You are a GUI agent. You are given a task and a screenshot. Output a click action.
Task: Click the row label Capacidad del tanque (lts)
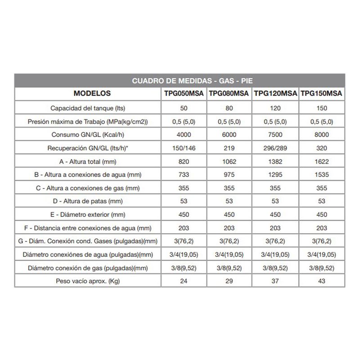coord(88,108)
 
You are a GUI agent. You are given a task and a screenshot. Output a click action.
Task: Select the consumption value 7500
coord(275,135)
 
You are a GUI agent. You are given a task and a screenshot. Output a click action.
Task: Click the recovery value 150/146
coord(184,148)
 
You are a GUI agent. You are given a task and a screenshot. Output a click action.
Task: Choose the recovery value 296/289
coord(275,148)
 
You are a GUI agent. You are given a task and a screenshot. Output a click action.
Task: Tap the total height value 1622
coord(322,162)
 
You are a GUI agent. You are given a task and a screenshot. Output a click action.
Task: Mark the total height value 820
coord(184,162)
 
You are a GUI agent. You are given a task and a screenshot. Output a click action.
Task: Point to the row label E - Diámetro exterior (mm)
coord(88,215)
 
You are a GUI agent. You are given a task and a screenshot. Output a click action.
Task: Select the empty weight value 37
coord(275,281)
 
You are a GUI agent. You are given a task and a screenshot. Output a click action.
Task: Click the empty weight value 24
coord(184,281)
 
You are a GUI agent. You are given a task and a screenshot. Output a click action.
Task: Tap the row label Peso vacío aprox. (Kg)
coord(88,281)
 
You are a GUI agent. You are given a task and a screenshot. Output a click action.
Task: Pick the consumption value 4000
coord(184,135)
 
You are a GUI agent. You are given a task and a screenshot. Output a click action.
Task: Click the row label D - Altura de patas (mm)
coord(88,201)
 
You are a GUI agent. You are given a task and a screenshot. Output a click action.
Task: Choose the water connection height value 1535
coord(322,175)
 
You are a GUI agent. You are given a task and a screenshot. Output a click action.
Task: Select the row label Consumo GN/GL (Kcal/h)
coord(88,135)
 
